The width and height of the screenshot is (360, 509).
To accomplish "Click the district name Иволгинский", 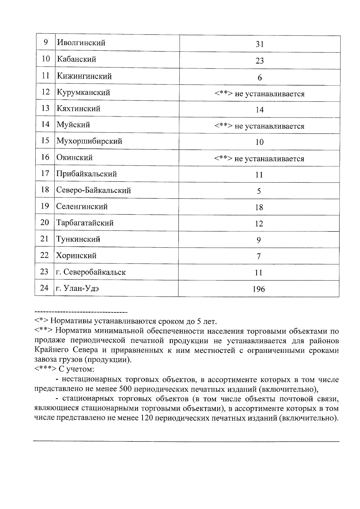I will click(x=81, y=43).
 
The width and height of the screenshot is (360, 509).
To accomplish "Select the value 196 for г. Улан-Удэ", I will click(x=259, y=289).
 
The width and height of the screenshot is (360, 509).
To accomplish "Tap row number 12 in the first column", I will click(x=45, y=92).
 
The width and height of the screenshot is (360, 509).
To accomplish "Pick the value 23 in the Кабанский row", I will click(x=259, y=61).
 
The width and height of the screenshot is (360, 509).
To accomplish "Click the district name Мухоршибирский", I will click(x=89, y=141).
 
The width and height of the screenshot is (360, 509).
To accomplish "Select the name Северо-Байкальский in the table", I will click(x=93, y=190).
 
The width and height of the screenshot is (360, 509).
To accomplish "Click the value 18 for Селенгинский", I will click(x=259, y=207).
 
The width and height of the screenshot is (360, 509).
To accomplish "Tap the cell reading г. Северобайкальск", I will click(x=91, y=272).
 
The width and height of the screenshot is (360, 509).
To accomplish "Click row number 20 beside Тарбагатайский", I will click(x=44, y=222).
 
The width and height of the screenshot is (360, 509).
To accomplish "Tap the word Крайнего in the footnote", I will click(x=50, y=350).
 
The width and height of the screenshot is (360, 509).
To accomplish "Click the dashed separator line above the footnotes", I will click(x=81, y=312).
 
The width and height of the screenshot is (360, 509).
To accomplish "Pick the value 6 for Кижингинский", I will click(x=259, y=78).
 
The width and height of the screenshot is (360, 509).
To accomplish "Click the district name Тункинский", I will click(x=78, y=239).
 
